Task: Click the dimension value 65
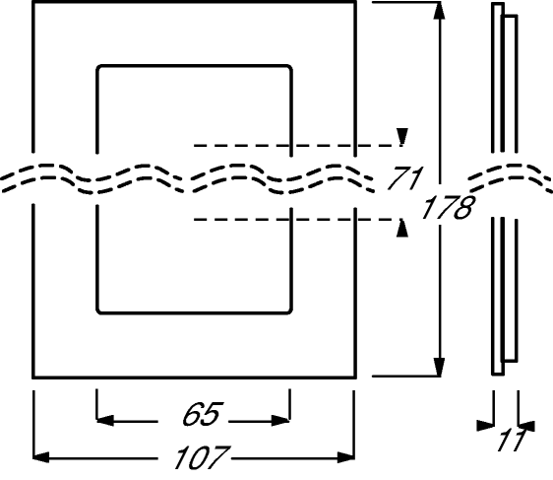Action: pos(202,414)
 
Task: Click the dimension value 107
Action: pos(202,457)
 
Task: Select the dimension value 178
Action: pos(448,207)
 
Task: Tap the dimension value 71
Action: pos(404,177)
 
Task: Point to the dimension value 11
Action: pos(512,441)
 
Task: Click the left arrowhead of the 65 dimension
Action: pos(105,421)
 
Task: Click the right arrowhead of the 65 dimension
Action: pos(280,421)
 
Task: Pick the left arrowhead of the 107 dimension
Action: pos(41,457)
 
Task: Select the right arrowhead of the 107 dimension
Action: pos(346,457)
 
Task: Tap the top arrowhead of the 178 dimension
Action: pos(439,11)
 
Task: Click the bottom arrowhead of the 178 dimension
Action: pos(439,367)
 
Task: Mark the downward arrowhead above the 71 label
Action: pos(402,136)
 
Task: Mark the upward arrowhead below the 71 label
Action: pos(402,228)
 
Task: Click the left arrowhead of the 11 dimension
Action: pos(485,426)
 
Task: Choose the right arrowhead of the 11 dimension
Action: pos(526,426)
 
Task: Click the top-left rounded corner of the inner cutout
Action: pos(99,68)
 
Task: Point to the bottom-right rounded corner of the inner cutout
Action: pos(289,310)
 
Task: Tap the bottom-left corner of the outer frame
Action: pos(33,377)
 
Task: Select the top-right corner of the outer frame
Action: pos(355,3)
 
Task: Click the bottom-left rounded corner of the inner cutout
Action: pos(99,310)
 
